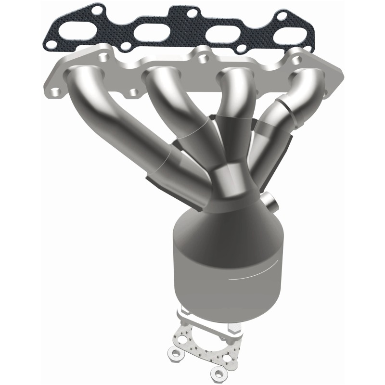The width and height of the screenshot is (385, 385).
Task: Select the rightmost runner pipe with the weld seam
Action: [284, 111]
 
